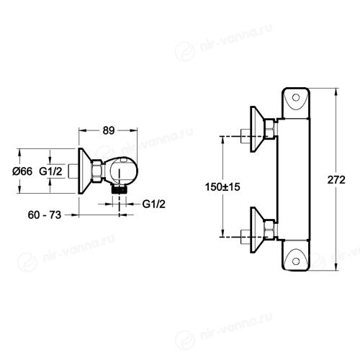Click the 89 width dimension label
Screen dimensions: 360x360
pos(109,130)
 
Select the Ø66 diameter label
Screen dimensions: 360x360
pos(22,171)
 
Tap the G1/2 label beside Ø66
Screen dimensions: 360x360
pos(50,171)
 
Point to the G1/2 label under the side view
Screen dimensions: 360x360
pos(154,204)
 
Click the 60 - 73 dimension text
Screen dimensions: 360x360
pos(45,215)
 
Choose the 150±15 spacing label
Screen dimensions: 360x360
pos(222,186)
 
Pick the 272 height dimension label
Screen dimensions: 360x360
pos(336,180)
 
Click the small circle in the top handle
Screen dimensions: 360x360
pos(296,98)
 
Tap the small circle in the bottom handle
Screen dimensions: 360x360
pos(296,261)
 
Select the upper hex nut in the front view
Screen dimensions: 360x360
pos(269,128)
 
